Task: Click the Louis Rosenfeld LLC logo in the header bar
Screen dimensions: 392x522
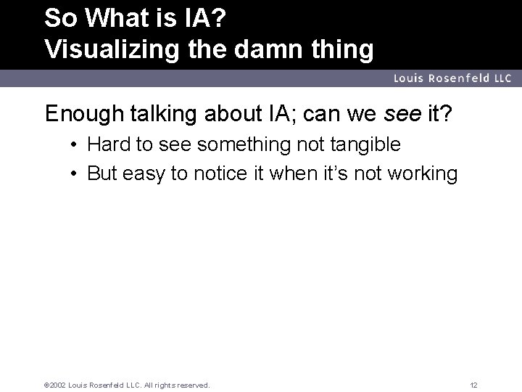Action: point(452,78)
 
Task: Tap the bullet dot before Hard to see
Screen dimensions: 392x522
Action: point(75,144)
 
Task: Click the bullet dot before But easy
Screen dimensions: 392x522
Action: point(75,174)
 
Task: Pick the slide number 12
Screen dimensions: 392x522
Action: point(473,385)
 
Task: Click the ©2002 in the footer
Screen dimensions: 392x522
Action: point(56,385)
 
